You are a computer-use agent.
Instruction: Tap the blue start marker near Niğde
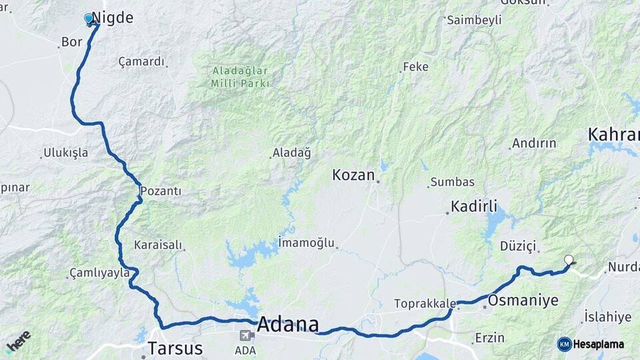pos(89,19)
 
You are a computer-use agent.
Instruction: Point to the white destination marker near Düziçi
pos(569,260)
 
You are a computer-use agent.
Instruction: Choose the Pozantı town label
pos(161,191)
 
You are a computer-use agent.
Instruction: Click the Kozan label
pos(353,175)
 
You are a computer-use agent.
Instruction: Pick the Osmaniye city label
pos(523,301)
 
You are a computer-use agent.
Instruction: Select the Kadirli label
pos(474,207)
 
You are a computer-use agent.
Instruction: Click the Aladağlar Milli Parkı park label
pos(240,77)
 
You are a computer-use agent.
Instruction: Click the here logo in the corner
pos(18,341)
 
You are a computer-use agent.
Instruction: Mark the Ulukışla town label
pos(66,153)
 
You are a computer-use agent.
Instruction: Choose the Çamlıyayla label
pos(99,273)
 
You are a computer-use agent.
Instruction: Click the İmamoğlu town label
pos(306,243)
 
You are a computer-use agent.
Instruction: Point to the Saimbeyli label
pos(474,20)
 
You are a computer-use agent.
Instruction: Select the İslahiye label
pos(607,317)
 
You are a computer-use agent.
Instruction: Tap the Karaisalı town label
pos(158,245)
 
